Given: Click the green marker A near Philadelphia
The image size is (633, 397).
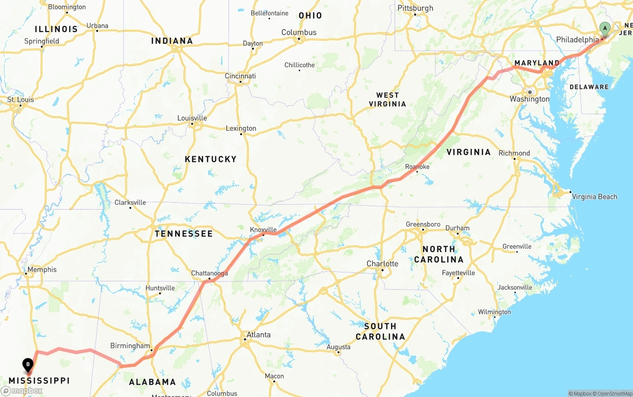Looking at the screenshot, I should [x=604, y=29].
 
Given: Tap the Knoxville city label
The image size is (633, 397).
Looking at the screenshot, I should [x=263, y=229].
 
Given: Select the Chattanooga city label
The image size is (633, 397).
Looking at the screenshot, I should [x=210, y=273].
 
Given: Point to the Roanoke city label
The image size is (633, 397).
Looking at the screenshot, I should [x=417, y=167].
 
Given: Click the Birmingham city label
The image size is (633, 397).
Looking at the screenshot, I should [x=130, y=346].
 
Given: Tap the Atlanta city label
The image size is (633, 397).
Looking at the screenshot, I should [x=258, y=335].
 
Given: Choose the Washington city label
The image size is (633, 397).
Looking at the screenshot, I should [x=529, y=99].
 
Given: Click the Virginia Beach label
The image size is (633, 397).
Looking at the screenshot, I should [x=594, y=197].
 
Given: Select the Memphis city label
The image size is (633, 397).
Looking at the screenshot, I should [x=42, y=269].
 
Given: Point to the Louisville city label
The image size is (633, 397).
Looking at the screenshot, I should [x=192, y=118].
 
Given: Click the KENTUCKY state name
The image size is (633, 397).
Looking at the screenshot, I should [x=211, y=159].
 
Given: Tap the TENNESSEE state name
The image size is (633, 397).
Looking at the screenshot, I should [x=183, y=233].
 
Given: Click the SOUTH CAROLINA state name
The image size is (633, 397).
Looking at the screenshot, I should [x=380, y=331].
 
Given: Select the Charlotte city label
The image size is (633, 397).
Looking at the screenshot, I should [x=382, y=264].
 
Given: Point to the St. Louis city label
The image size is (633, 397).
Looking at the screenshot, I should [x=20, y=99].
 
